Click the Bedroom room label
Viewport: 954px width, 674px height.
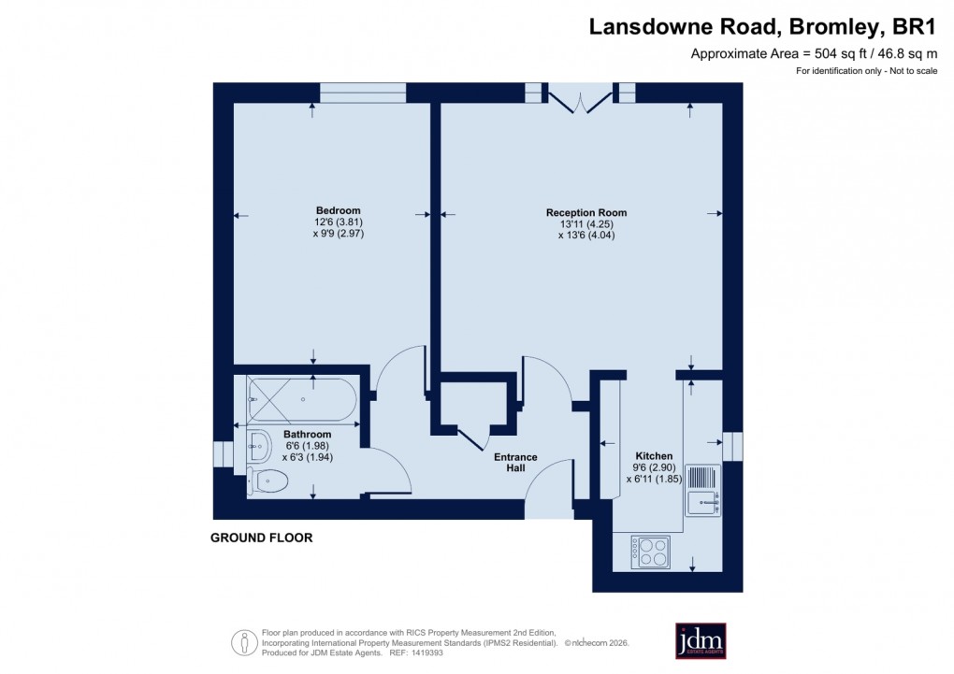tap(338, 210)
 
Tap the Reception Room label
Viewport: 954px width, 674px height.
tap(586, 213)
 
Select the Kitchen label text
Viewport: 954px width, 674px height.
tap(654, 456)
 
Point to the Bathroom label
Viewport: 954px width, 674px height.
tap(308, 435)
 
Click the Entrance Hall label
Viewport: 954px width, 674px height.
tap(515, 464)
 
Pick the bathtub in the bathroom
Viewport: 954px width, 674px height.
tap(301, 399)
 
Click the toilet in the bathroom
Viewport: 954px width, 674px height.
tap(267, 481)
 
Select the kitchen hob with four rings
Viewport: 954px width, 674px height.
tap(650, 552)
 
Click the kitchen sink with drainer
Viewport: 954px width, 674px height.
tap(702, 490)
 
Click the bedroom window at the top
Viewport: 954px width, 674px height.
tap(363, 92)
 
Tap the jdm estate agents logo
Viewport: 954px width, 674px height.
tap(701, 640)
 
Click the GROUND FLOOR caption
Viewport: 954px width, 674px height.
tap(261, 538)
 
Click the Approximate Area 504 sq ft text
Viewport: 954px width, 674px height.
tap(814, 53)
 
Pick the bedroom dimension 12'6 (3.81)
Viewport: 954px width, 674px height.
tap(339, 222)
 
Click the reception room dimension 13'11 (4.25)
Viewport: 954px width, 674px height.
tap(586, 224)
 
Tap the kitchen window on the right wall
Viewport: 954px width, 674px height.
tap(732, 447)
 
